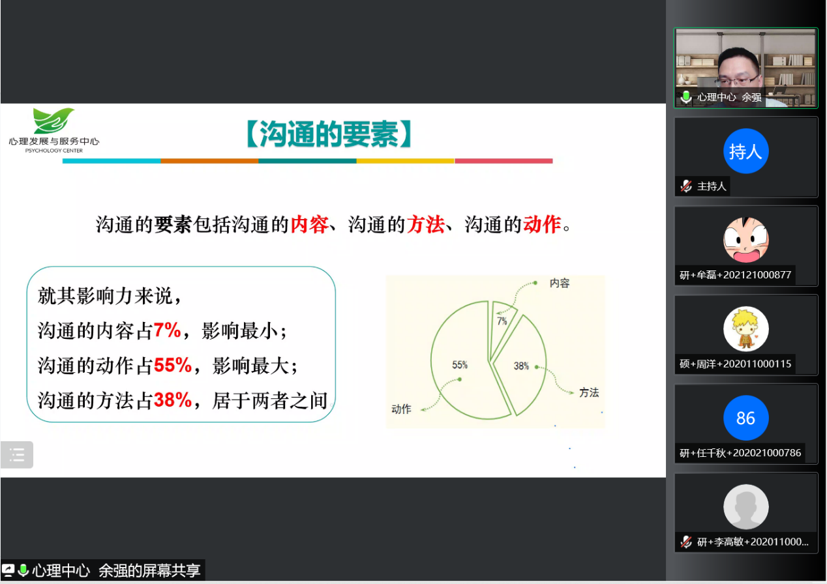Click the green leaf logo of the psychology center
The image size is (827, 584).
click(x=53, y=121)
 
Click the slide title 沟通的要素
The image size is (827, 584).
click(x=329, y=134)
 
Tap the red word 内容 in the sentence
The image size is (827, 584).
click(x=309, y=224)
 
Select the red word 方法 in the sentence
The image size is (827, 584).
click(x=425, y=224)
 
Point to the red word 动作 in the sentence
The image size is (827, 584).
click(x=541, y=224)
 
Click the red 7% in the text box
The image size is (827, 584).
click(x=167, y=330)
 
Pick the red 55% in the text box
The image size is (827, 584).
click(x=173, y=365)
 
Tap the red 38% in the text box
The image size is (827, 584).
click(x=173, y=400)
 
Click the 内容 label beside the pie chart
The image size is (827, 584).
click(x=560, y=283)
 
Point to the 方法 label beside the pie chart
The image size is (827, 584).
click(x=589, y=392)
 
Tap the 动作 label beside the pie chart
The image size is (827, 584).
click(x=401, y=409)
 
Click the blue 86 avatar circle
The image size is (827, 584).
click(x=745, y=418)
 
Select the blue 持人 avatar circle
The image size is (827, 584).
click(x=745, y=151)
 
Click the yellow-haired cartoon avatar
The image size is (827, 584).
click(x=745, y=328)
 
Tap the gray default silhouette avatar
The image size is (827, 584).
click(x=745, y=506)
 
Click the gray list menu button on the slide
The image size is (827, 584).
click(x=17, y=454)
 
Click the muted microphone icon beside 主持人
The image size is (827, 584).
click(x=686, y=186)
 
